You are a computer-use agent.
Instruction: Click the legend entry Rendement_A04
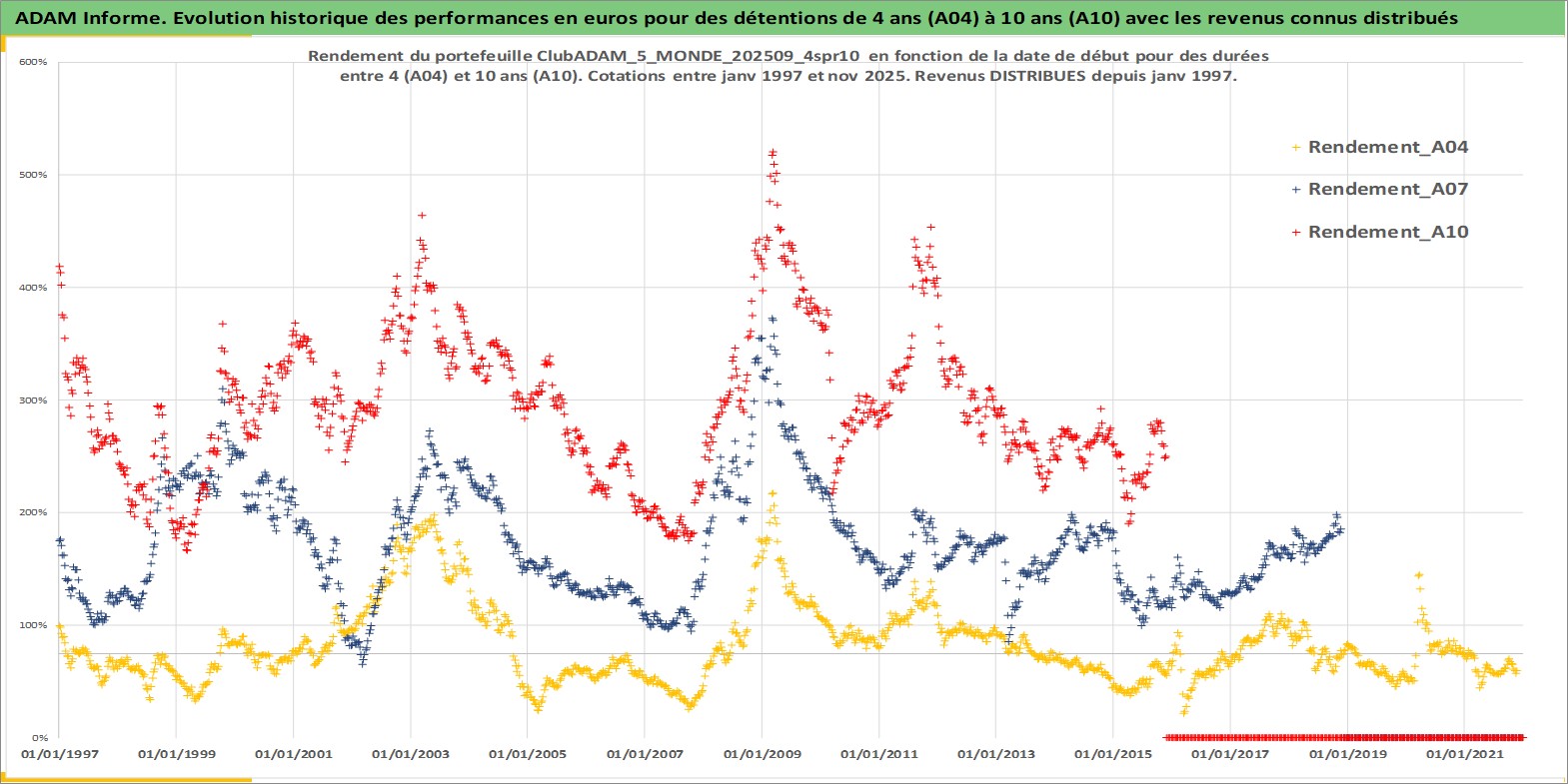tap(1387, 147)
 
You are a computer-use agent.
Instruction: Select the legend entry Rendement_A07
tap(1387, 189)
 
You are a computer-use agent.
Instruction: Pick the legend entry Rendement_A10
tap(1387, 232)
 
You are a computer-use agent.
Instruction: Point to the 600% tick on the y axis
tap(33, 62)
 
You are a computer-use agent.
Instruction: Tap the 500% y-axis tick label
tap(33, 175)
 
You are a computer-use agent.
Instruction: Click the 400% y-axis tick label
tap(33, 288)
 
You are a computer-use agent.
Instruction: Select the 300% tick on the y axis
tap(33, 400)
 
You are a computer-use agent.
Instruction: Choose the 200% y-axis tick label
tap(33, 512)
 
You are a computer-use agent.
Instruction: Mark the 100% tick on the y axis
tap(33, 625)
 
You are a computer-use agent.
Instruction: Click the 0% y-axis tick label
tap(37, 738)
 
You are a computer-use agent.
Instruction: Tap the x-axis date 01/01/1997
tap(60, 754)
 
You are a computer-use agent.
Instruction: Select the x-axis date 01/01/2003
tap(411, 754)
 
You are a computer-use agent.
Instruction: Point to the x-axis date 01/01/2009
tap(763, 754)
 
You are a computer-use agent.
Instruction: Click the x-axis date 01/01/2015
tap(1113, 754)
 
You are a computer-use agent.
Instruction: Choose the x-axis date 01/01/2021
tap(1464, 754)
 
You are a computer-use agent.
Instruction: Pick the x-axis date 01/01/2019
tap(1348, 754)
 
